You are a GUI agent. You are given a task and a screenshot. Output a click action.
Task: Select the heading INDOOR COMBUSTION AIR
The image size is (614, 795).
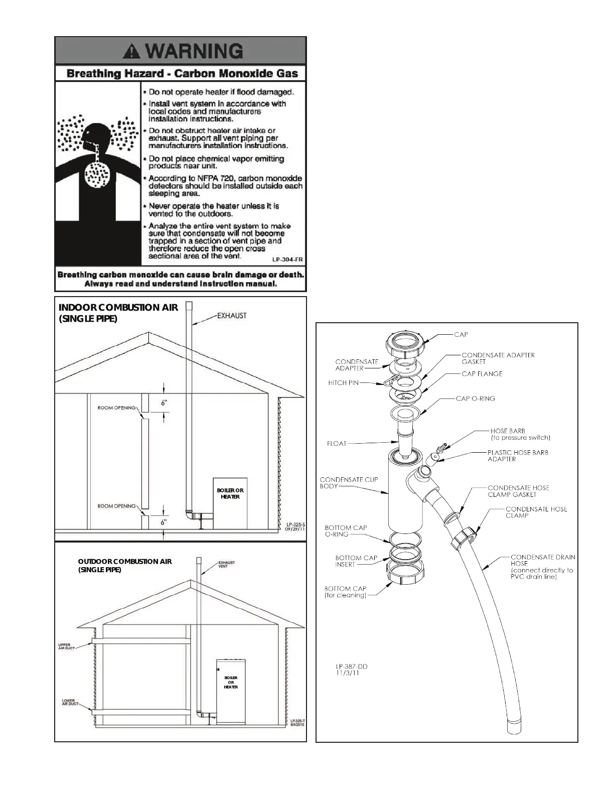pyautogui.click(x=118, y=308)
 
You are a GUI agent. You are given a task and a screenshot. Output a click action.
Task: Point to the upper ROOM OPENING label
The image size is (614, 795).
pyautogui.click(x=116, y=408)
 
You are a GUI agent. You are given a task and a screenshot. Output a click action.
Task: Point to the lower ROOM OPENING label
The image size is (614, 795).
pyautogui.click(x=116, y=506)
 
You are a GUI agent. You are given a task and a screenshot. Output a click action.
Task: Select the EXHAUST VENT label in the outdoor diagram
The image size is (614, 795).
pyautogui.click(x=226, y=564)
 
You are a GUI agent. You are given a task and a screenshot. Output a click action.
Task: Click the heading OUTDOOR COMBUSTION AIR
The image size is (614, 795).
pyautogui.click(x=125, y=562)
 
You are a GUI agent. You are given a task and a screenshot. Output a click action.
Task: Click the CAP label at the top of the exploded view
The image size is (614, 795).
pyautogui.click(x=461, y=335)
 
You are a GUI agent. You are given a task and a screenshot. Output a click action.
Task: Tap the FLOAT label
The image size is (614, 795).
pyautogui.click(x=336, y=443)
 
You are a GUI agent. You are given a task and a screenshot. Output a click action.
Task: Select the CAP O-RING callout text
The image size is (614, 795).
pyautogui.click(x=475, y=399)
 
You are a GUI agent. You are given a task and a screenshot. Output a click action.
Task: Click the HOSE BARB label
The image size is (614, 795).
pyautogui.click(x=507, y=431)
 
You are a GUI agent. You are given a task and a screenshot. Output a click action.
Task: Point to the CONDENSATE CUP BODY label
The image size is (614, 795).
pyautogui.click(x=349, y=483)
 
